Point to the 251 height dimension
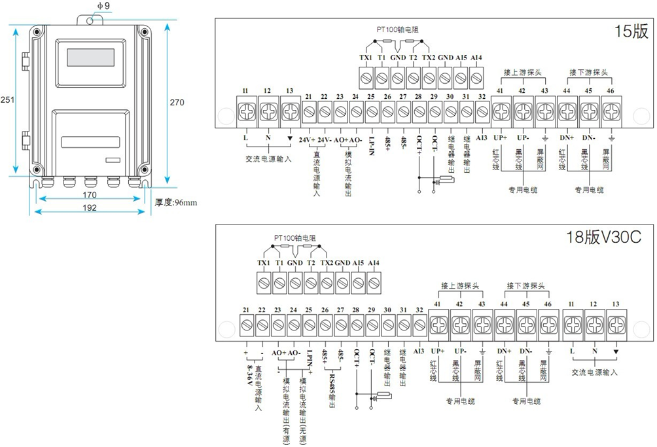tap(7, 100)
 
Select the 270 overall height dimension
tap(177, 102)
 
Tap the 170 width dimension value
tap(89, 195)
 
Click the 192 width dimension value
tap(90, 208)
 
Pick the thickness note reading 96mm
tap(175, 202)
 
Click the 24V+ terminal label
tap(308, 141)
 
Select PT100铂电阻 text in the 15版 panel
tap(397, 29)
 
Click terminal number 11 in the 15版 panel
tap(245, 90)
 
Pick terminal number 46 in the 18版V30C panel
tap(548, 304)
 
